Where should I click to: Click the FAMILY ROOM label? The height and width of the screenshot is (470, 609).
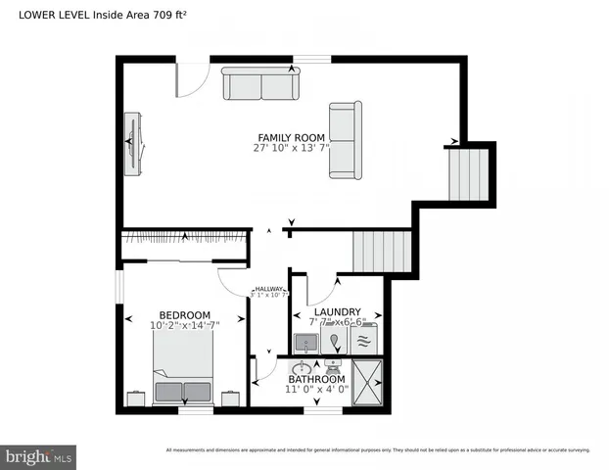tap(290, 137)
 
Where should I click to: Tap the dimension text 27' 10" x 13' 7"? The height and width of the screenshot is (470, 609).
tap(290, 149)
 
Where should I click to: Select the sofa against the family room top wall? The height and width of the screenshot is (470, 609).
tap(260, 84)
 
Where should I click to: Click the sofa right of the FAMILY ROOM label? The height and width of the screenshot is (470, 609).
tap(345, 141)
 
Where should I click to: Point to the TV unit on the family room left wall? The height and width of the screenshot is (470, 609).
tap(133, 143)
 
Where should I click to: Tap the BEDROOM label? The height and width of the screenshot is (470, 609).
tap(185, 314)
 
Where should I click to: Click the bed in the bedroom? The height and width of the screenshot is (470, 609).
tap(183, 366)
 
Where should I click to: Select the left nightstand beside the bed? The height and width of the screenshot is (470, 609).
tap(137, 398)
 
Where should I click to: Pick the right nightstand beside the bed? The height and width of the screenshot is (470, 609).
tap(230, 398)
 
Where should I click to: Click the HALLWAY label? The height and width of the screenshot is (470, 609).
tap(268, 290)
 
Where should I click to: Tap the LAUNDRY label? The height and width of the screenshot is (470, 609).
tap(336, 310)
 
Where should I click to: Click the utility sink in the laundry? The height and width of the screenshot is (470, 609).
tap(305, 343)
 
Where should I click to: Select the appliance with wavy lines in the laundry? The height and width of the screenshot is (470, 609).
tap(362, 342)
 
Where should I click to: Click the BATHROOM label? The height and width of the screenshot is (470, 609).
tap(315, 379)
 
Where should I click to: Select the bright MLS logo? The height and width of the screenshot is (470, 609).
tap(39, 456)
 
